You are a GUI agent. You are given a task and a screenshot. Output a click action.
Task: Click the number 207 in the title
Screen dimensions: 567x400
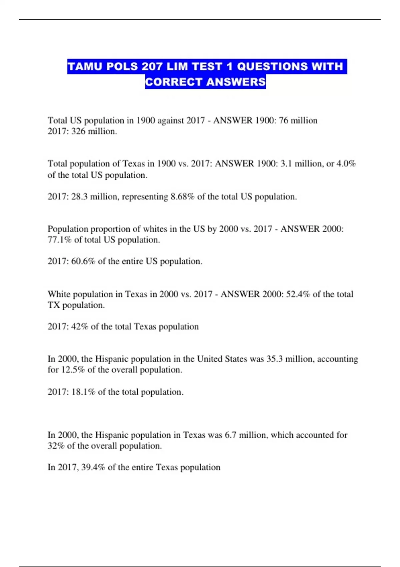coord(152,67)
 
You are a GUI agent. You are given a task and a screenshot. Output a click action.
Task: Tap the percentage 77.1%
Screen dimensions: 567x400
coord(59,240)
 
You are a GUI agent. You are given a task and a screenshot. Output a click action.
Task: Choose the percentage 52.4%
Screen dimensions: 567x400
coord(298,294)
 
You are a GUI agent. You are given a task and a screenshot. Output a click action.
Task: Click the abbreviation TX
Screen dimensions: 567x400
coord(54,305)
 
